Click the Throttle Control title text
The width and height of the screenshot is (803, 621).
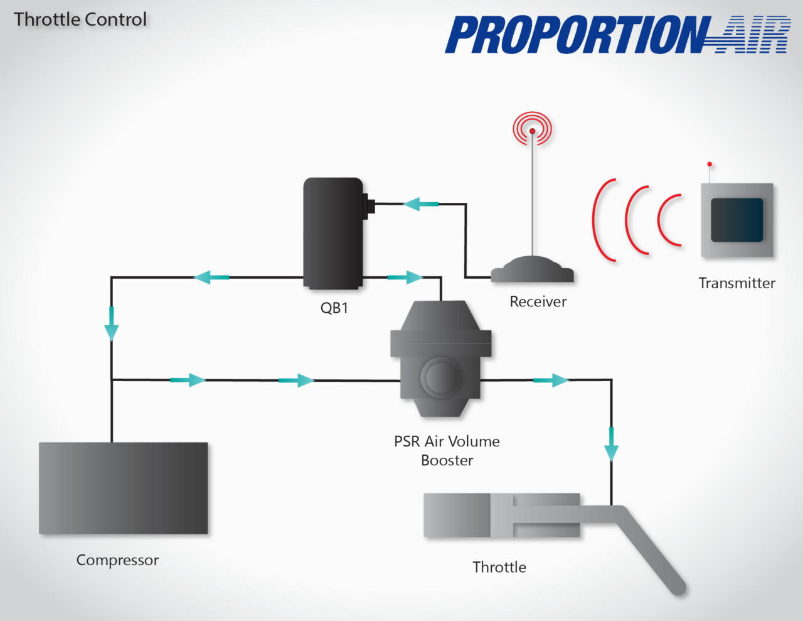(80, 19)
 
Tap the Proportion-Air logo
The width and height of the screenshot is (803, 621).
(617, 35)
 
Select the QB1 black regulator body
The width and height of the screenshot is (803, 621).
(332, 232)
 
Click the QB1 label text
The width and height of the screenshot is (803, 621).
(334, 308)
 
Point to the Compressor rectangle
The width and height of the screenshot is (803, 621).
(123, 488)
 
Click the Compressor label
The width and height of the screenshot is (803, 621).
(117, 559)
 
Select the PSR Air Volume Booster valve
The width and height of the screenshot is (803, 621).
(441, 359)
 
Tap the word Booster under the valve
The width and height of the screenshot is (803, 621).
(447, 460)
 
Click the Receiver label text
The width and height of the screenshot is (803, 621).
(538, 301)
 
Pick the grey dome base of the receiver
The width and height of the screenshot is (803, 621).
(532, 270)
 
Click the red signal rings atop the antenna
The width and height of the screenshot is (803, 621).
(532, 129)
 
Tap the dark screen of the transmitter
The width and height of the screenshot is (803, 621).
(737, 220)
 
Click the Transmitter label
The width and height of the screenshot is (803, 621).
(737, 283)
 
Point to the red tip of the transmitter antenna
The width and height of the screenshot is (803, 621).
(710, 165)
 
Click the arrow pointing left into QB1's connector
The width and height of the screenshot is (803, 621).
(420, 204)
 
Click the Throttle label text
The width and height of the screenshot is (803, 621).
(499, 567)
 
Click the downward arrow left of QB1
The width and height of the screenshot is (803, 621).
(112, 324)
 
